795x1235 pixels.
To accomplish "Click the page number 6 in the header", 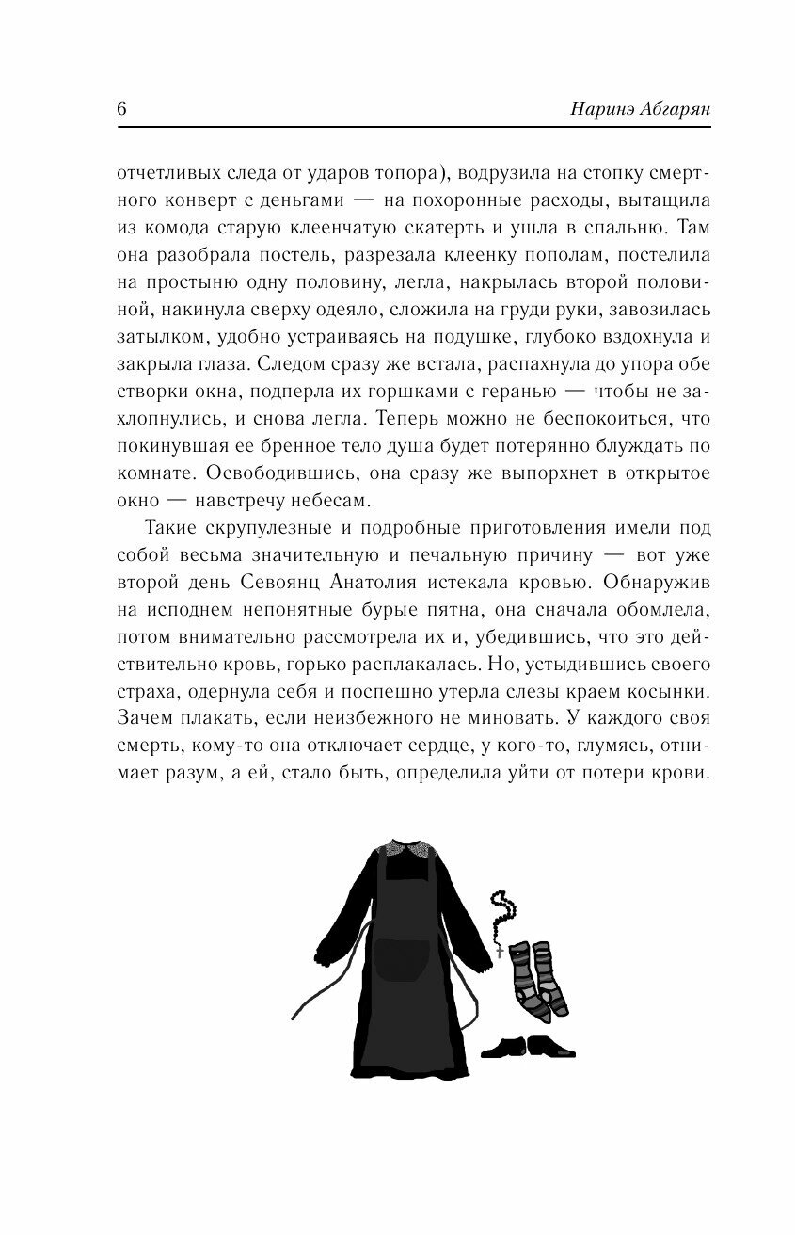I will (x=122, y=107).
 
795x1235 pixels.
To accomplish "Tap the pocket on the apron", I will (x=398, y=962).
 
